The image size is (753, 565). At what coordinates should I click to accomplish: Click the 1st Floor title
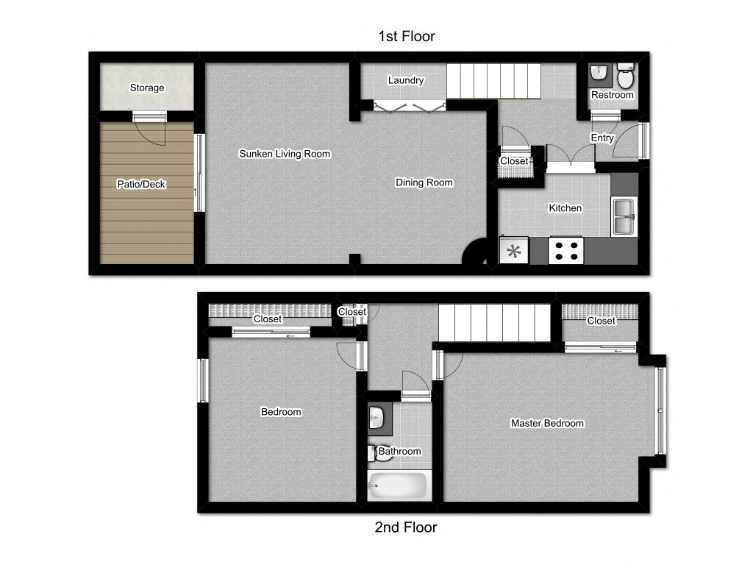point(406,36)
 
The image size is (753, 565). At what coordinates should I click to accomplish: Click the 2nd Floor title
point(406,527)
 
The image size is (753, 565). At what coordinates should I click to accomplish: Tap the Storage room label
point(147,88)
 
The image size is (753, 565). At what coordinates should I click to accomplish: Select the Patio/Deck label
point(141,184)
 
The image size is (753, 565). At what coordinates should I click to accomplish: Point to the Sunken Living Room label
point(285,154)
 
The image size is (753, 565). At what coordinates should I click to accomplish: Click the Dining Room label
point(424,182)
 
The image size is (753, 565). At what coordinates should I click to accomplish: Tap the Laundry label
point(406,80)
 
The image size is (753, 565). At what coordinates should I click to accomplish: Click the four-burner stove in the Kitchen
point(566,250)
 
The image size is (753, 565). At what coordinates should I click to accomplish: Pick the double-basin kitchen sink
point(624,216)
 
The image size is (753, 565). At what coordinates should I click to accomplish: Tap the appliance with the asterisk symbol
point(514,250)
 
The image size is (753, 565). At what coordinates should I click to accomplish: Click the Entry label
point(602,138)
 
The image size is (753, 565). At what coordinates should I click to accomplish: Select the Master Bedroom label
point(547,423)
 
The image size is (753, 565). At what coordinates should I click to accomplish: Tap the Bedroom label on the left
point(281,412)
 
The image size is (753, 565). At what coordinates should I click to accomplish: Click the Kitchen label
point(565,208)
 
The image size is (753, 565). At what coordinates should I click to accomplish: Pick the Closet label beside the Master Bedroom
point(601,321)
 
